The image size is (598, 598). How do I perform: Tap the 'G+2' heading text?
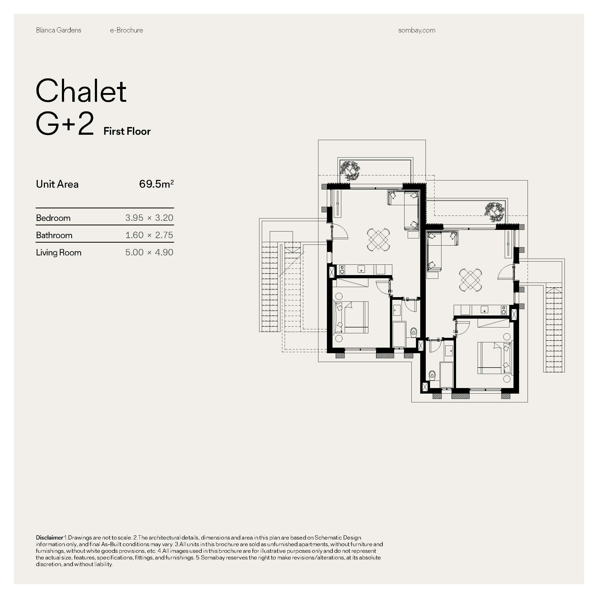pyautogui.click(x=65, y=124)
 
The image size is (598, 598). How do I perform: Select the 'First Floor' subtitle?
pyautogui.click(x=127, y=131)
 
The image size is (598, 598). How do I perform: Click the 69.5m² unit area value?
pyautogui.click(x=156, y=184)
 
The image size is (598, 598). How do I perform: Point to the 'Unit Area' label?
pyautogui.click(x=57, y=184)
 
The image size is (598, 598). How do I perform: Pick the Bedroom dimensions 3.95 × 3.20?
pyautogui.click(x=149, y=218)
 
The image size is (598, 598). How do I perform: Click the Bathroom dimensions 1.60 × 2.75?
pyautogui.click(x=149, y=235)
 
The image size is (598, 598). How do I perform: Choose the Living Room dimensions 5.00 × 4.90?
pyautogui.click(x=149, y=252)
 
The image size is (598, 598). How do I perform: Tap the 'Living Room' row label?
pyautogui.click(x=58, y=252)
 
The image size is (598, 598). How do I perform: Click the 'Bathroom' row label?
pyautogui.click(x=54, y=235)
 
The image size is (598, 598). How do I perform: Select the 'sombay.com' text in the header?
pyautogui.click(x=417, y=30)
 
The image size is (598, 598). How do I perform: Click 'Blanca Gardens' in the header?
pyautogui.click(x=58, y=30)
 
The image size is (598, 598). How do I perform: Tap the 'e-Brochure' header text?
pyautogui.click(x=126, y=30)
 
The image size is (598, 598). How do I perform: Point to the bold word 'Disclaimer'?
pyautogui.click(x=49, y=538)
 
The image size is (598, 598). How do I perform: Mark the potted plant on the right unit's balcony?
pyautogui.click(x=495, y=212)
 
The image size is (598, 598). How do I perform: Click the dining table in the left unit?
pyautogui.click(x=378, y=239)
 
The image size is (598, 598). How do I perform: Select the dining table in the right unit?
pyautogui.click(x=470, y=280)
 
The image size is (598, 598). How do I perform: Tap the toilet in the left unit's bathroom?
pyautogui.click(x=414, y=332)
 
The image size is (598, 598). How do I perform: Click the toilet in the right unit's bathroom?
pyautogui.click(x=432, y=376)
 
